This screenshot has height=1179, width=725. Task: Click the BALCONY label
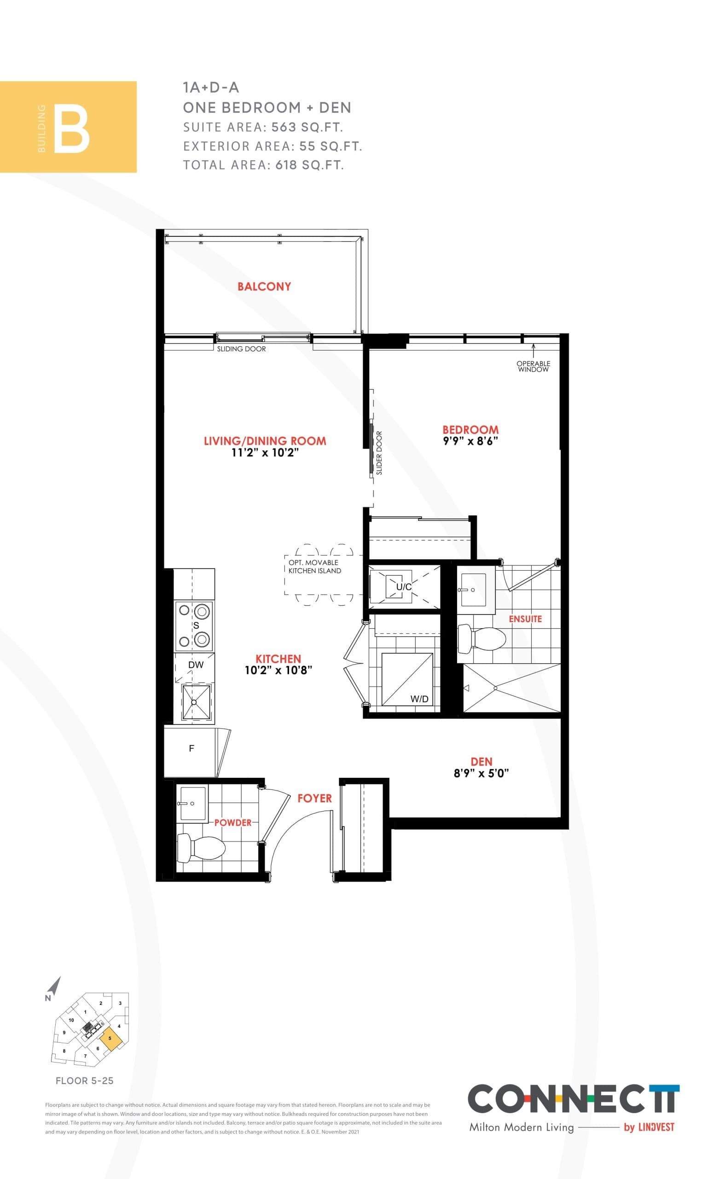tap(264, 286)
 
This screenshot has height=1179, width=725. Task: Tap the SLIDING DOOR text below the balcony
tap(241, 349)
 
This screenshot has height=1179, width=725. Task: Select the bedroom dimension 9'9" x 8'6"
tap(470, 441)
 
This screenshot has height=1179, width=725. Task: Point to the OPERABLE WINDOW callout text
tap(533, 367)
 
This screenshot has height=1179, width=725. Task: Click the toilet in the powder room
tap(201, 848)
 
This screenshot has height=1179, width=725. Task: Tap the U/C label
tap(404, 587)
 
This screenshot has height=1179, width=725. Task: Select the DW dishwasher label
tap(196, 665)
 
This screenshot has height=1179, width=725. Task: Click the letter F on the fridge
tap(191, 748)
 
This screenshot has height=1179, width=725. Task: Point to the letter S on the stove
tap(196, 625)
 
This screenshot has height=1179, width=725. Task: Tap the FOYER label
tap(314, 798)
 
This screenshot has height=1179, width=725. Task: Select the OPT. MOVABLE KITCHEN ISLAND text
tap(314, 566)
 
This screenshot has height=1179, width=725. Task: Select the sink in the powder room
tap(192, 804)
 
